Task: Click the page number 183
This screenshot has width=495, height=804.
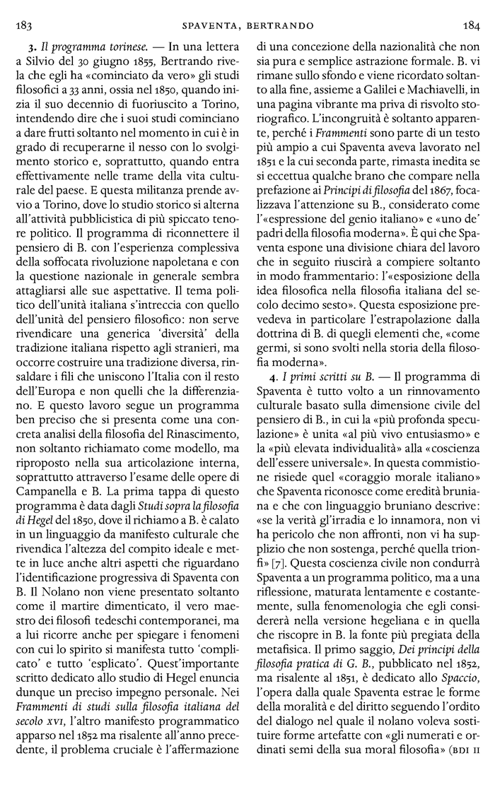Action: coord(24,27)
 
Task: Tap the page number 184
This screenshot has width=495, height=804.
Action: coord(471,27)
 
